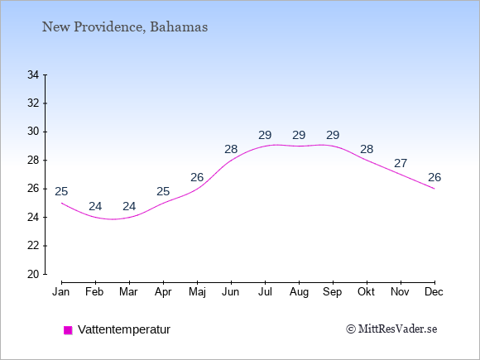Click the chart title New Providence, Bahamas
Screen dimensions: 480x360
pos(125,27)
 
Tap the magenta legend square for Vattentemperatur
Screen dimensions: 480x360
pos(68,330)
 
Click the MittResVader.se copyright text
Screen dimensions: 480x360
pos(391,329)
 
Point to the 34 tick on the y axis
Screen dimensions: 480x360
pos(33,74)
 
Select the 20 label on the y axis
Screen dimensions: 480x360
pos(33,274)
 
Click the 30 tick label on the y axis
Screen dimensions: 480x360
pos(33,132)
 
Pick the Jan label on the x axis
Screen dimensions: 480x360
pos(61,292)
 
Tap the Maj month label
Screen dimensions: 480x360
pos(197,292)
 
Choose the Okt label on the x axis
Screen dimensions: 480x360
pos(366,292)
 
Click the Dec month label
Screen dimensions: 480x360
pos(434,292)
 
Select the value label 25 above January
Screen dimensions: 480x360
pos(61,192)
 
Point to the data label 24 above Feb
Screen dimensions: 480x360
pos(95,206)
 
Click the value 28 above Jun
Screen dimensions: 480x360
pos(231,150)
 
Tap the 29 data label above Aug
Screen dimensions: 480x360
pos(299,135)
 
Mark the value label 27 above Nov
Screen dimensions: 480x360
pos(401,164)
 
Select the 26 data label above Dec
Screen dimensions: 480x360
pos(434,177)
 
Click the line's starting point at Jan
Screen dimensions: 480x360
pos(62,203)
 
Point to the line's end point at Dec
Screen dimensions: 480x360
pos(434,189)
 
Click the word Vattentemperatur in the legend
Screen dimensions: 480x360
pos(124,329)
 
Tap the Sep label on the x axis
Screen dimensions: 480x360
pos(333,292)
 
